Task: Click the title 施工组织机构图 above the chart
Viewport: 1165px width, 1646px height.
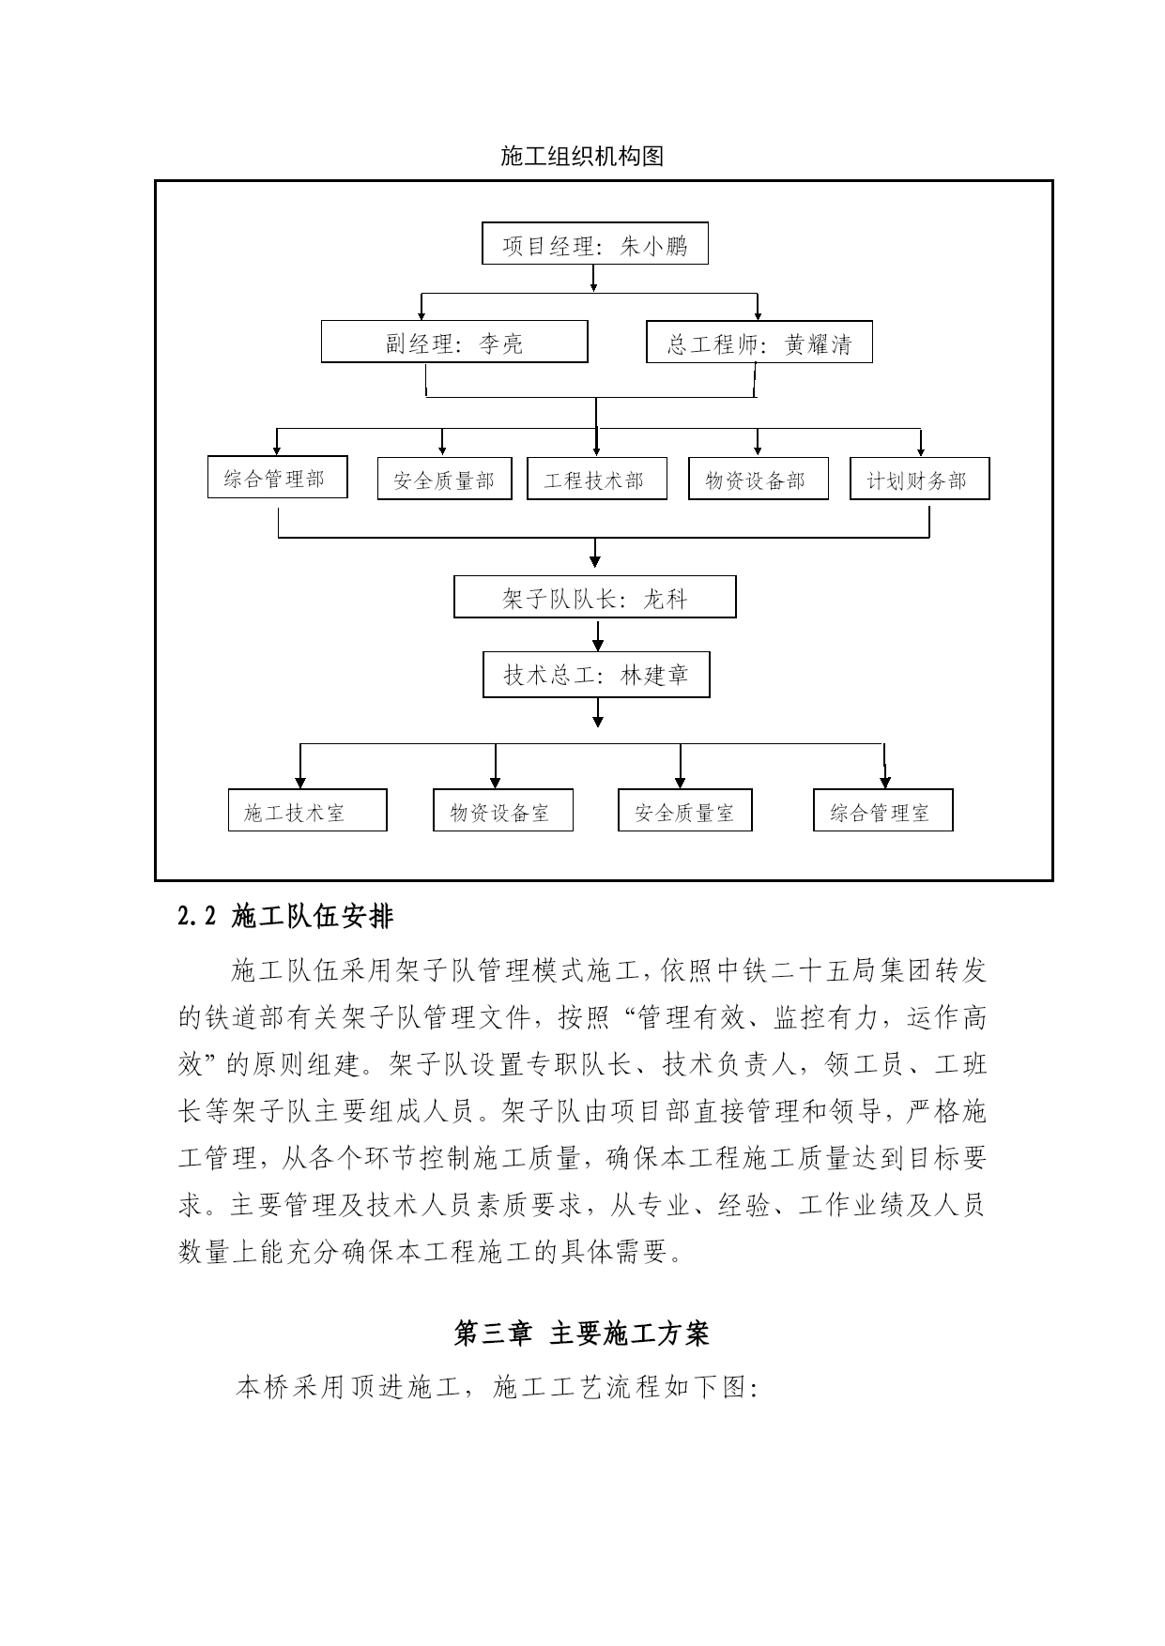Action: click(x=582, y=157)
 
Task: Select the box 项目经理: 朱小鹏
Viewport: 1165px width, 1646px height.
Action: click(x=594, y=244)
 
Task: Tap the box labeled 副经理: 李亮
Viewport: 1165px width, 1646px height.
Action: click(x=454, y=342)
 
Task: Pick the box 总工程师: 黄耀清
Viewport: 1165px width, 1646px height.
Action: click(x=759, y=342)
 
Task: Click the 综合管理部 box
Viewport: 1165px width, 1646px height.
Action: click(x=278, y=477)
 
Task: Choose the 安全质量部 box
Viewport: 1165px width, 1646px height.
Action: click(x=445, y=479)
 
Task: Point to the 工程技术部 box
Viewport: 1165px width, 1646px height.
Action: click(x=597, y=479)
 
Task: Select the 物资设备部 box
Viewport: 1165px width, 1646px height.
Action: click(x=759, y=479)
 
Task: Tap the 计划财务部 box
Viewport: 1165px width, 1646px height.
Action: click(x=920, y=479)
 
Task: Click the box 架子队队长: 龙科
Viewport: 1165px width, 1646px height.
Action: click(x=595, y=597)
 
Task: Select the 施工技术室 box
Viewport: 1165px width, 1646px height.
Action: click(x=308, y=810)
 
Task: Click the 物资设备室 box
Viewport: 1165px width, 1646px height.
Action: click(x=503, y=810)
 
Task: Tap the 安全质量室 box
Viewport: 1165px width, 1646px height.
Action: click(x=685, y=810)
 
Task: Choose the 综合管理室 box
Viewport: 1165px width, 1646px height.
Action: click(x=883, y=810)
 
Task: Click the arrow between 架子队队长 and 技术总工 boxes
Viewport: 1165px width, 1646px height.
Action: click(x=597, y=634)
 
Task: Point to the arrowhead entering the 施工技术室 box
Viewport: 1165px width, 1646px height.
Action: click(x=300, y=783)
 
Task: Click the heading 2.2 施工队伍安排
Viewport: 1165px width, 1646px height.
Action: click(x=285, y=917)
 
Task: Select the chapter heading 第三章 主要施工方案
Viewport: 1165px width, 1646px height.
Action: click(x=582, y=1334)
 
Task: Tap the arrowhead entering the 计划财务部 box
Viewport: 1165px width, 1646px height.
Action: click(x=921, y=451)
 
